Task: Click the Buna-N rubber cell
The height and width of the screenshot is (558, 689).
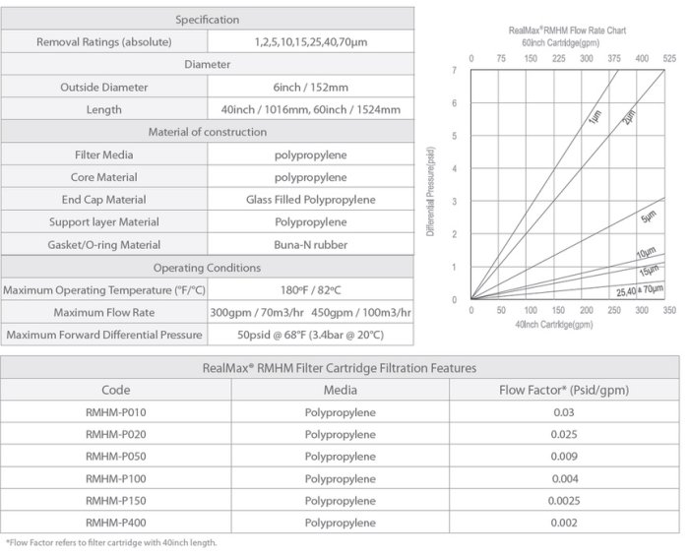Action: pyautogui.click(x=310, y=245)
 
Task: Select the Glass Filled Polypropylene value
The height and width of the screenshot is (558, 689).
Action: pyautogui.click(x=310, y=200)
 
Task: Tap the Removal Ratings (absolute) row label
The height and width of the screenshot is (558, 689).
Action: pyautogui.click(x=103, y=42)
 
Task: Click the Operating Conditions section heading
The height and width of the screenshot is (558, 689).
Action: pyautogui.click(x=207, y=268)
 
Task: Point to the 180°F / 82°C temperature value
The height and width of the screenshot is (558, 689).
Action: pyautogui.click(x=310, y=290)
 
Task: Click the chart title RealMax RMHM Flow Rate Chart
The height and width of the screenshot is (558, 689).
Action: pyautogui.click(x=567, y=31)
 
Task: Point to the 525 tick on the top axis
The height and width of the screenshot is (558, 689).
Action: pyautogui.click(x=670, y=59)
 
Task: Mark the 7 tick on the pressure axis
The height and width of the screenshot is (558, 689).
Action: pyautogui.click(x=455, y=71)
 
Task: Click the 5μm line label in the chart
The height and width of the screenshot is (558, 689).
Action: pyautogui.click(x=648, y=217)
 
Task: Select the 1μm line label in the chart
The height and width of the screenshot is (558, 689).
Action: pyautogui.click(x=595, y=119)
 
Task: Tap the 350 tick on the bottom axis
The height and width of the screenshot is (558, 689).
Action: pyautogui.click(x=670, y=310)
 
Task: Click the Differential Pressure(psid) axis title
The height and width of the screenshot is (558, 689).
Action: pyautogui.click(x=431, y=189)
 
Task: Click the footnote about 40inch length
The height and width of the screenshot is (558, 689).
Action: pyautogui.click(x=111, y=542)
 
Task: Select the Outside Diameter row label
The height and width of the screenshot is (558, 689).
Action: pyautogui.click(x=103, y=88)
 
